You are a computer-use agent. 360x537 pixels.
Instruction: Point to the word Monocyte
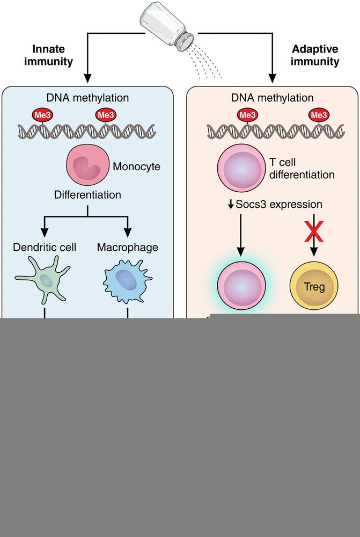pos(136,166)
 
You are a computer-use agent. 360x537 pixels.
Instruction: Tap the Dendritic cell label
pos(45,248)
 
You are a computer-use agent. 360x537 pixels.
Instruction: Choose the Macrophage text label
pos(128,248)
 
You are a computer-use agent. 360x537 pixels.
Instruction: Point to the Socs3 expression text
pos(275,205)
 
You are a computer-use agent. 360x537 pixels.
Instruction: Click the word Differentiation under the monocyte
pos(87,194)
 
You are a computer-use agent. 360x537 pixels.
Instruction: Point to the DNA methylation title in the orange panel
pos(273,98)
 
